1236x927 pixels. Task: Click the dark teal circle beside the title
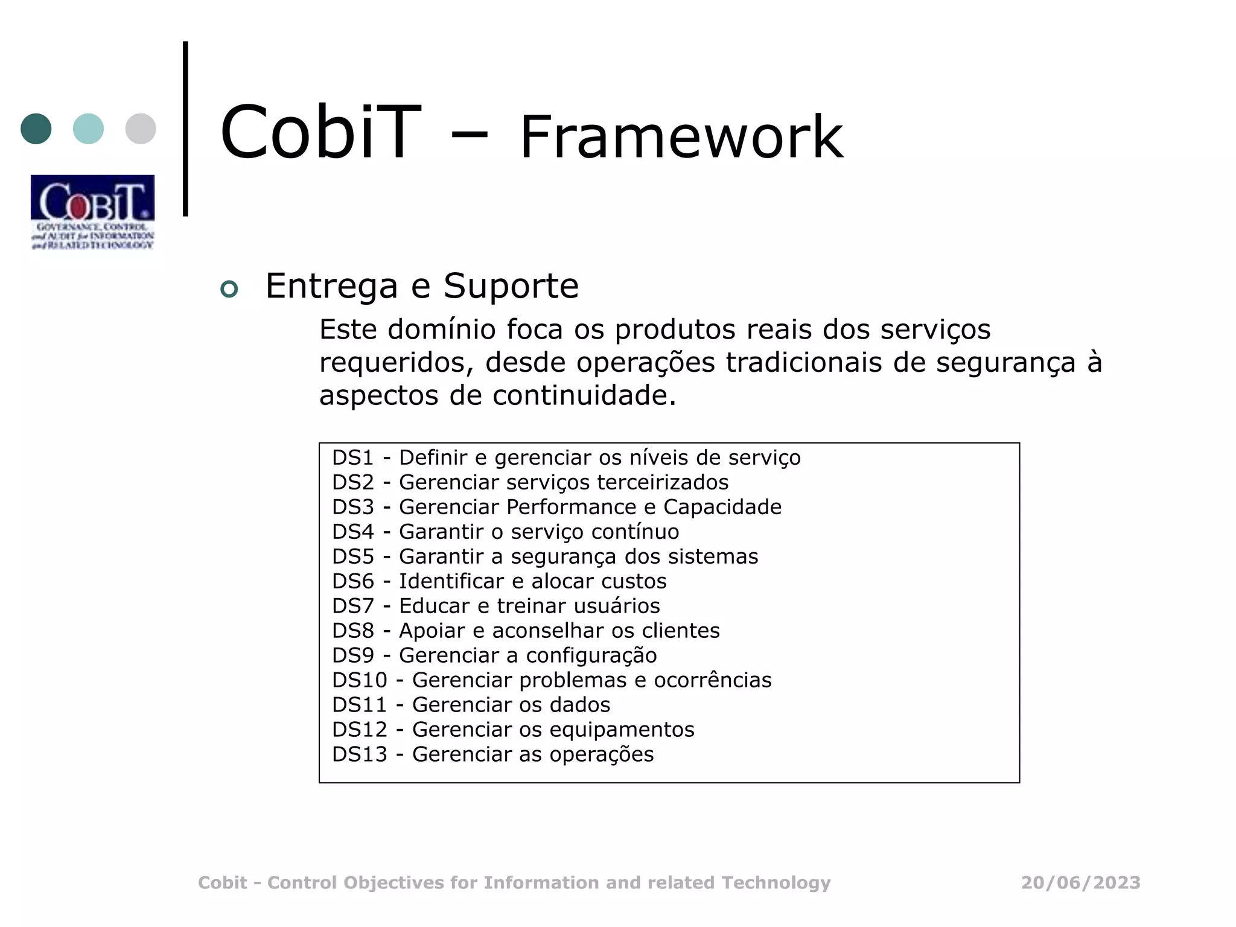[36, 129]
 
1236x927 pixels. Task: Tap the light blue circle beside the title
[88, 129]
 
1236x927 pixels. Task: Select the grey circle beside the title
[141, 129]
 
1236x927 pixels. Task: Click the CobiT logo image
[92, 212]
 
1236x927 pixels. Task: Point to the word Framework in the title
[681, 138]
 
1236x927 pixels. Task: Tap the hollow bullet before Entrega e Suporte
[229, 289]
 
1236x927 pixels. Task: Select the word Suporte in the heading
[511, 285]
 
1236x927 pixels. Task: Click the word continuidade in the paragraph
[584, 396]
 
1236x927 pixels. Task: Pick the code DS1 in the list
[353, 458]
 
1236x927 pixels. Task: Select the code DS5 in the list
[353, 557]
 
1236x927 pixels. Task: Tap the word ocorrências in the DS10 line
[713, 681]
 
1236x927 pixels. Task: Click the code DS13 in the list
[360, 755]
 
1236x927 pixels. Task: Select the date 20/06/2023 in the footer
[1080, 883]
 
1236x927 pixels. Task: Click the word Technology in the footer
[776, 884]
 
